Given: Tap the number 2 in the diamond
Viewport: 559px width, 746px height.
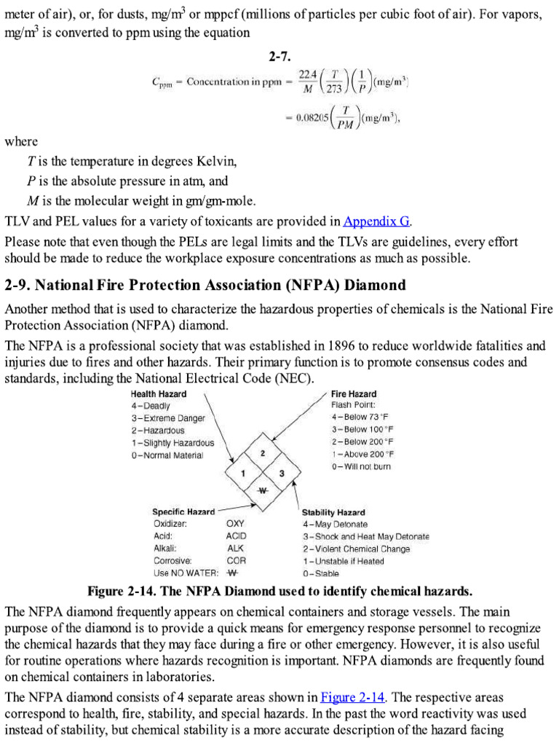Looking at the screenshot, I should pos(262,453).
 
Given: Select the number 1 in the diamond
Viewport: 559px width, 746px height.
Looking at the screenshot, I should pos(243,474).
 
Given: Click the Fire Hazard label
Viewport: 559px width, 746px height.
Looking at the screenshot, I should pos(354,393).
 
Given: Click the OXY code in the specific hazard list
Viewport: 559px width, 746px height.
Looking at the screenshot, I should pos(236,524).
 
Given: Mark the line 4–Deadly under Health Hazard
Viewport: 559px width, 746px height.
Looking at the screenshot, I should pos(151,405).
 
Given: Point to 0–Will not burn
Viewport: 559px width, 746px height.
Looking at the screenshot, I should pos(361,466).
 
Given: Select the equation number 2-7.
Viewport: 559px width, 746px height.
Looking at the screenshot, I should pos(279,56).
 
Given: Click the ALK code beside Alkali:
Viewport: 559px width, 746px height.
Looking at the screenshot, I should pos(235,549).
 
